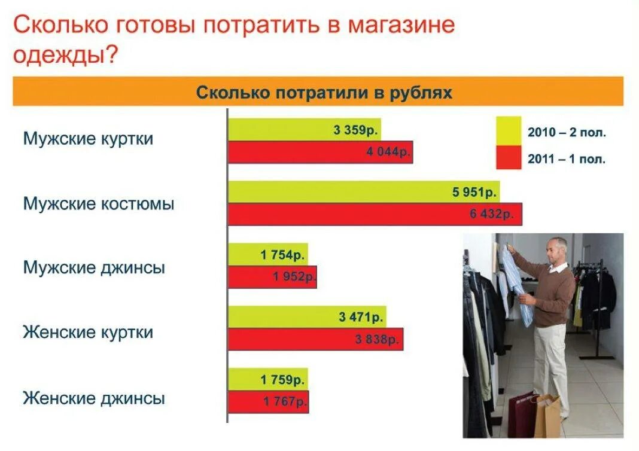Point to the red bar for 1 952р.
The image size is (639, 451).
[x=272, y=277]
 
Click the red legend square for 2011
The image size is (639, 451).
[x=509, y=158]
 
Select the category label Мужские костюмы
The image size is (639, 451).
[x=99, y=204]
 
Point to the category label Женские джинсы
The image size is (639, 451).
[x=94, y=398]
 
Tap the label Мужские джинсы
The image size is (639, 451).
[x=94, y=267]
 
